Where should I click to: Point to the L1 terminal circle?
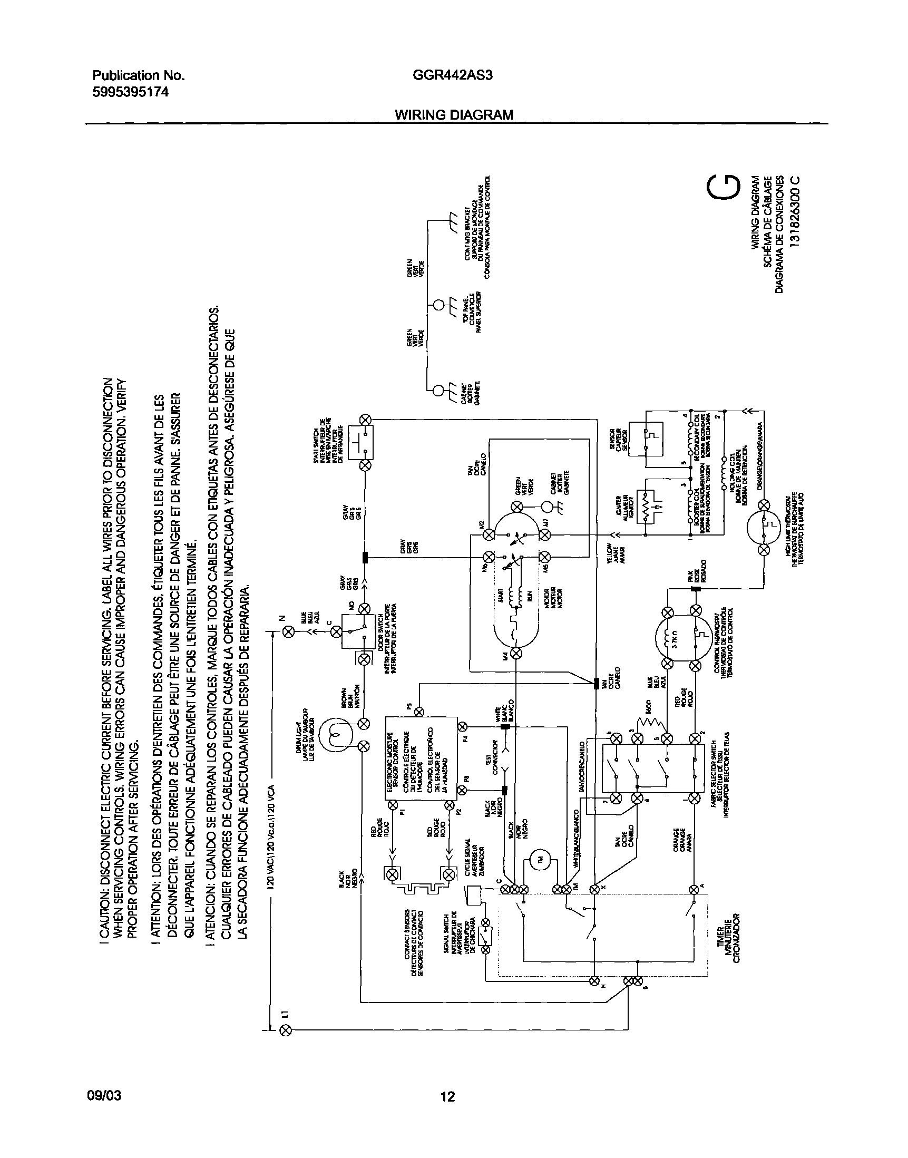coord(286,1031)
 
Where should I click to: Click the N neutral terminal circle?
coord(289,631)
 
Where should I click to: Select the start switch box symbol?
coord(360,442)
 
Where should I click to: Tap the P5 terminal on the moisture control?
coord(418,712)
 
